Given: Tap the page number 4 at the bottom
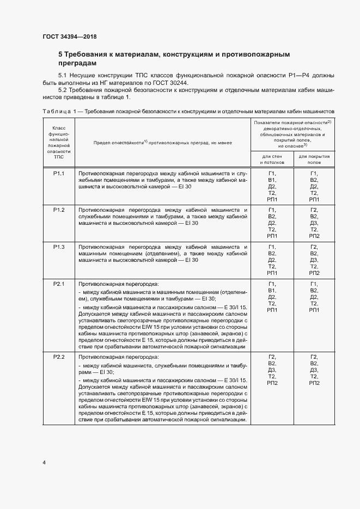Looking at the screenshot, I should pos(44,463).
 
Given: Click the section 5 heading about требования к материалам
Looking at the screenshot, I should pos(173,59).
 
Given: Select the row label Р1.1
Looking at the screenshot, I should pos(59,173).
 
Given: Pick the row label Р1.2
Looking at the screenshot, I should pos(59,210).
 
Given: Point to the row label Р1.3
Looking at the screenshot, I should pos(59,247).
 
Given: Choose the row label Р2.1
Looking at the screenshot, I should pos(59,284).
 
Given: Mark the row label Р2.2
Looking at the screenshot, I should pos(59,357).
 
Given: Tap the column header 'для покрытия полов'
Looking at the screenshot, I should pos(314,159).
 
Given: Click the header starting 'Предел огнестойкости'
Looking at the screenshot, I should pos(162,142).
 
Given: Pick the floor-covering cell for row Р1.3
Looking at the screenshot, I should pos(314,260).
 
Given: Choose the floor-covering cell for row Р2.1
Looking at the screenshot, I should pos(314,297).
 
